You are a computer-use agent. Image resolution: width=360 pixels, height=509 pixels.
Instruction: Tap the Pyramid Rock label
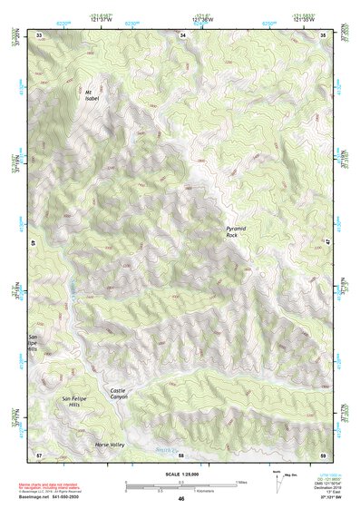pos(238,230)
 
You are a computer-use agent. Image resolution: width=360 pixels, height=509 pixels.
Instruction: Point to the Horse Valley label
pos(109,445)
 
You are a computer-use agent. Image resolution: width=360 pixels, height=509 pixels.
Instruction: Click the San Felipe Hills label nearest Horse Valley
pos(77,401)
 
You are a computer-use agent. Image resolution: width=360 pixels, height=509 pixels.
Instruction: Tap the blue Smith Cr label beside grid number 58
pos(165,450)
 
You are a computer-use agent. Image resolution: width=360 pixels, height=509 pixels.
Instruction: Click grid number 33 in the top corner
pos(39,35)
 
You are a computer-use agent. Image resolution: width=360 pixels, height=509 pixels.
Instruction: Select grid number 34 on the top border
pos(182,35)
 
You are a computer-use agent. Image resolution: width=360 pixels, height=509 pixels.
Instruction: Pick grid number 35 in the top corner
pos(324,35)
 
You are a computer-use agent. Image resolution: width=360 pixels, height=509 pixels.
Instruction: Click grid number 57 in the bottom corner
pos(39,453)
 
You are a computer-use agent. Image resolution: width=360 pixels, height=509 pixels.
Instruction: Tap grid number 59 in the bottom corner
pos(324,453)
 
